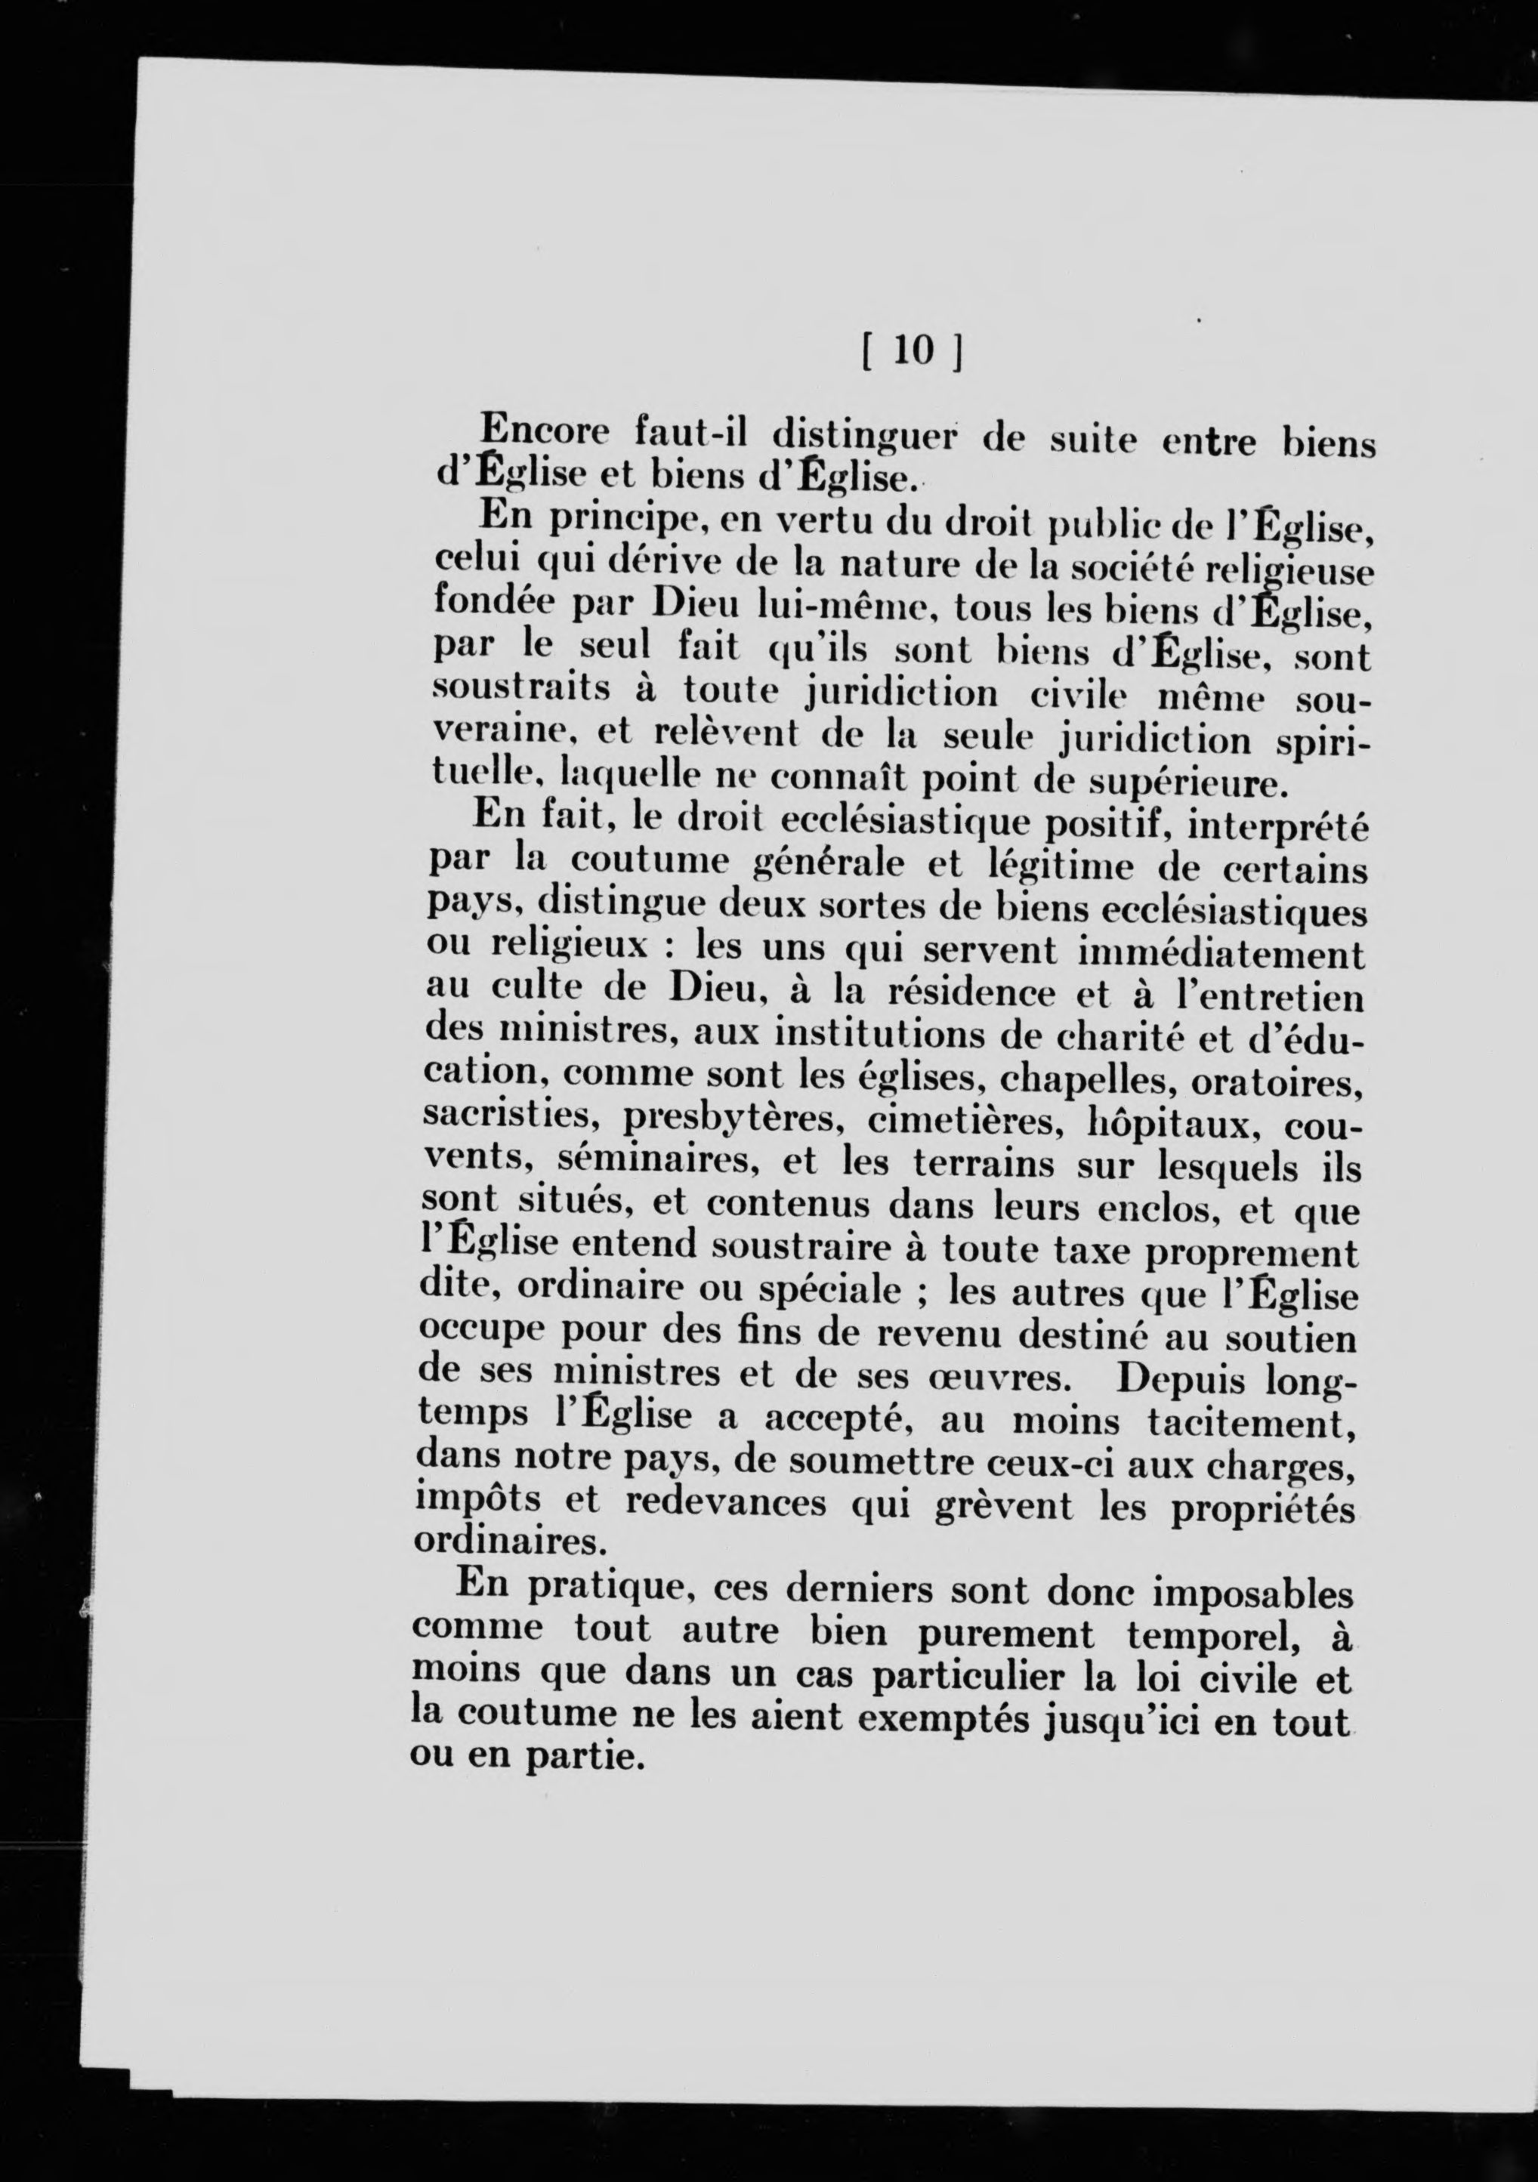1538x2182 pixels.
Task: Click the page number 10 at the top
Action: coord(913,353)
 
